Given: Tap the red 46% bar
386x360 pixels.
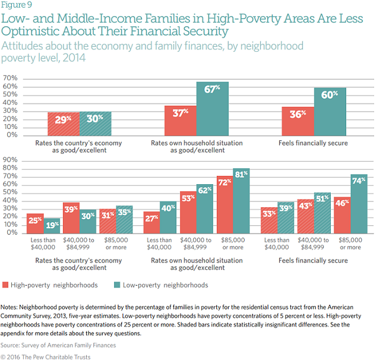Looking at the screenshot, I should (342, 214).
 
